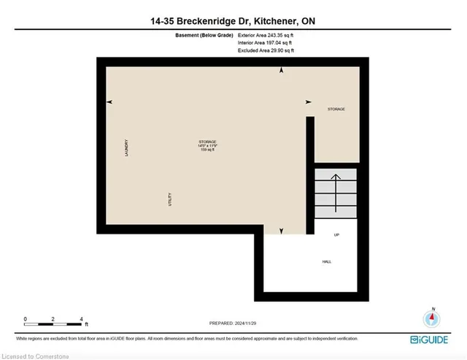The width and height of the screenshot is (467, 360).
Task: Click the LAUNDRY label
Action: click(126, 149)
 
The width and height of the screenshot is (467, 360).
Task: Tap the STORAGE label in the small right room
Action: click(336, 110)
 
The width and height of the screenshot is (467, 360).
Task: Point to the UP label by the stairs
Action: click(336, 235)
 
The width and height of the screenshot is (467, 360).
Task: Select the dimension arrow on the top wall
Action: click(282, 71)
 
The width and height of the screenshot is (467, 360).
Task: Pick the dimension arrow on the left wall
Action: click(110, 102)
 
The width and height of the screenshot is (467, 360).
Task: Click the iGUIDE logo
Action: click(433, 340)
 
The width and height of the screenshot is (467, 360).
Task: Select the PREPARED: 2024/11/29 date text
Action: click(233, 323)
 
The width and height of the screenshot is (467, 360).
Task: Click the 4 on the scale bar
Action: click(81, 319)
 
